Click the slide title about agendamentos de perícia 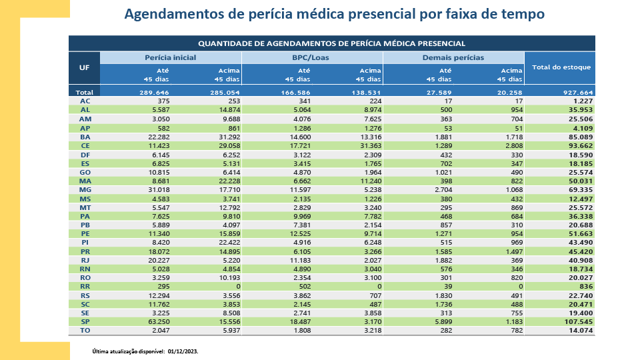coord(334,14)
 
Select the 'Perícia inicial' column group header coord(170,58)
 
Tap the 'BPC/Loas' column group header coord(311,58)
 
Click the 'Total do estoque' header coord(561,67)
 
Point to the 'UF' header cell coord(84,67)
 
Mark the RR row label coord(85,287)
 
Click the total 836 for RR coord(585,287)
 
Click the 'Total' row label coord(85,92)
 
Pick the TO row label coord(85,331)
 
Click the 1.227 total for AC coord(580,101)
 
